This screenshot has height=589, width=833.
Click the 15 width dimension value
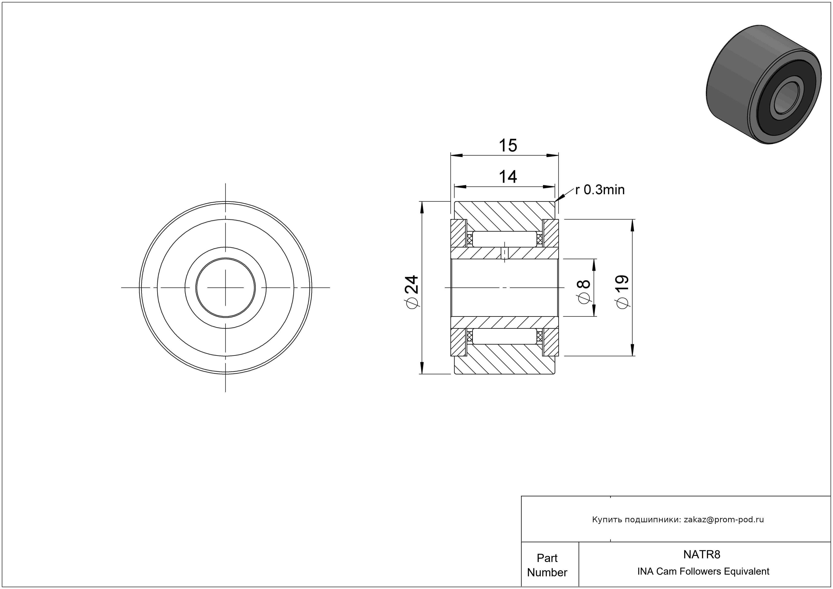click(x=508, y=146)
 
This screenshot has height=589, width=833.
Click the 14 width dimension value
click(x=508, y=177)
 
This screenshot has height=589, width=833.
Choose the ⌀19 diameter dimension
click(x=622, y=292)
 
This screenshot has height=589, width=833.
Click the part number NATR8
click(x=702, y=554)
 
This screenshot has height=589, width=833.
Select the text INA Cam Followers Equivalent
click(x=703, y=571)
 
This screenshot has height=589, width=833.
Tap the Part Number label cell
click(x=547, y=565)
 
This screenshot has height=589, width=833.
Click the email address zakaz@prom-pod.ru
click(x=724, y=520)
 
